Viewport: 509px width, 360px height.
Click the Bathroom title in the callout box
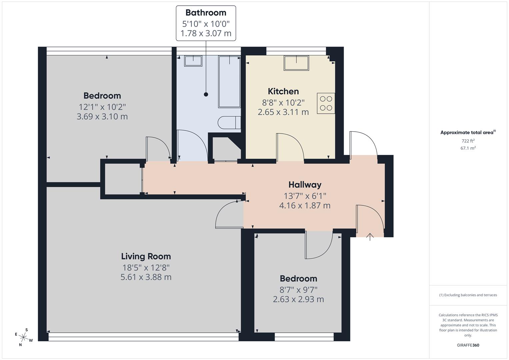206,13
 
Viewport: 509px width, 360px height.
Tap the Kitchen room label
283,91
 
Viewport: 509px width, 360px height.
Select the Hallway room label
305,185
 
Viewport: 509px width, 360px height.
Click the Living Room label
146,256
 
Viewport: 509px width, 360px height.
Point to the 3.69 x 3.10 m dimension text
102,117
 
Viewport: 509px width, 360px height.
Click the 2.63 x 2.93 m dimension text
298,299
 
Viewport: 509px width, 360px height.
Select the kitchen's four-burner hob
326,103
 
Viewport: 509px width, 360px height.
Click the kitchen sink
296,63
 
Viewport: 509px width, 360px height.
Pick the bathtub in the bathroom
229,82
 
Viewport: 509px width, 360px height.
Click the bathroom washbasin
193,61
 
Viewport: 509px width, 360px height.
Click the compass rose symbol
23,337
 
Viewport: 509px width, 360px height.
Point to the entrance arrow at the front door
370,237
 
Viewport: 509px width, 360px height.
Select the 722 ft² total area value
468,141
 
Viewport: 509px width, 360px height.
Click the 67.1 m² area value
468,148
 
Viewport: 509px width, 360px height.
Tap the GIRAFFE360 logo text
468,345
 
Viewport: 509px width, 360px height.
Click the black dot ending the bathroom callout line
206,95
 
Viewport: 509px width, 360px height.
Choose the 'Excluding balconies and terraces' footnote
468,295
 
